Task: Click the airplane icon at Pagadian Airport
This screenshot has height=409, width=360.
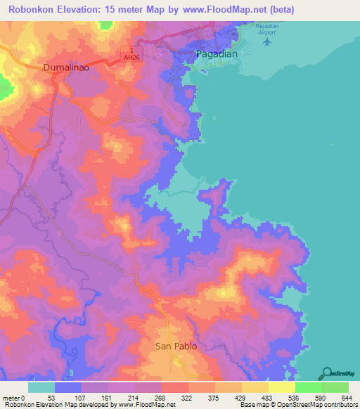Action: pyautogui.click(x=266, y=41)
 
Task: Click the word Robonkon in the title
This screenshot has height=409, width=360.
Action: pyautogui.click(x=38, y=10)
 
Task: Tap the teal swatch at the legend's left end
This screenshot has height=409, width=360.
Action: pyautogui.click(x=41, y=388)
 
